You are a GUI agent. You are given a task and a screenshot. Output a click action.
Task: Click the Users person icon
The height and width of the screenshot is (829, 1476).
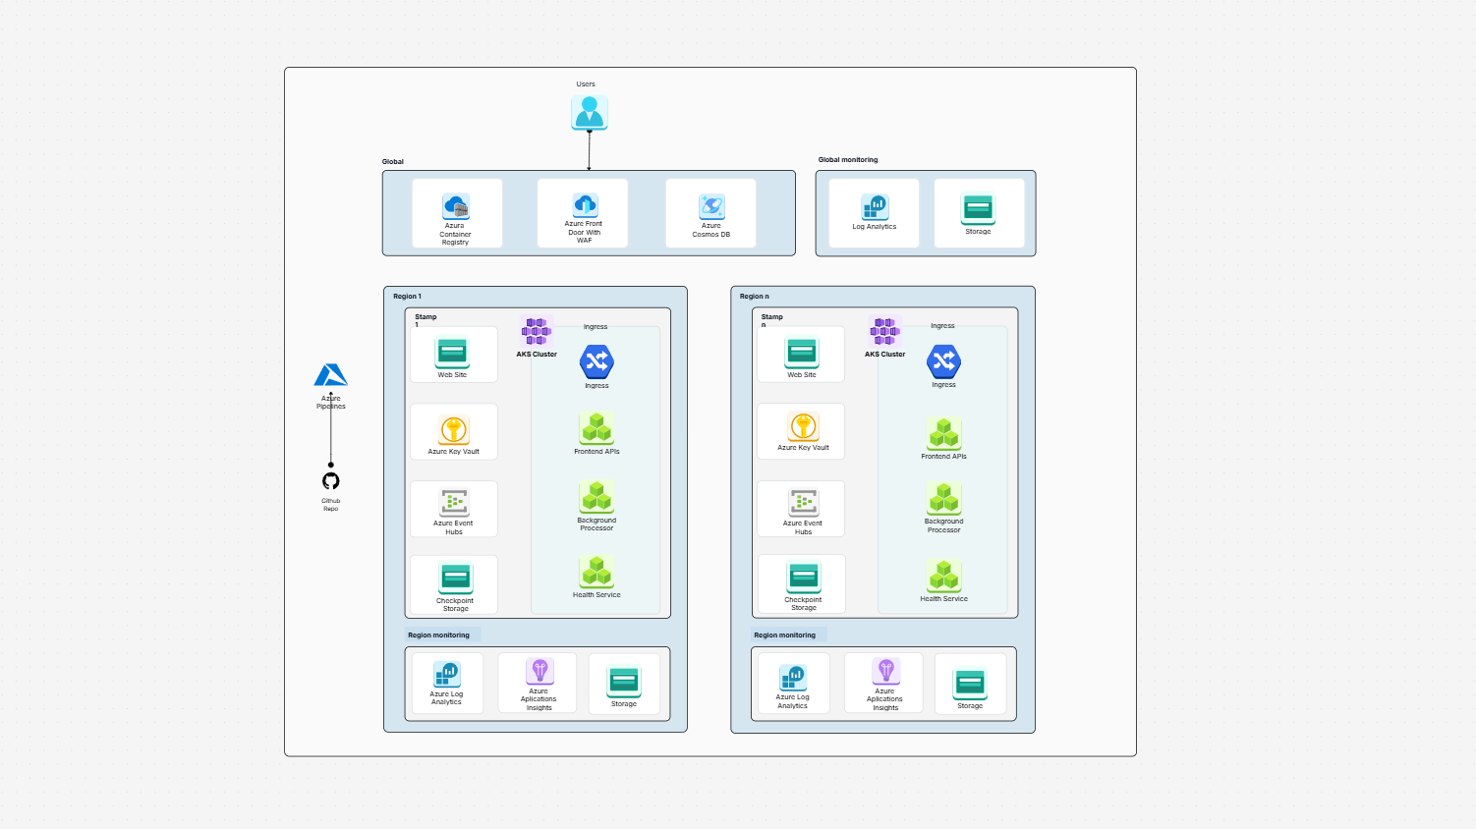[x=590, y=112]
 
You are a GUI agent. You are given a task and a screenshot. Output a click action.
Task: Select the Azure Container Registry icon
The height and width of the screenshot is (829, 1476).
[x=455, y=206]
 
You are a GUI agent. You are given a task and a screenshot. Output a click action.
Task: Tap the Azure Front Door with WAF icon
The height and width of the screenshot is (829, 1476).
[x=585, y=204]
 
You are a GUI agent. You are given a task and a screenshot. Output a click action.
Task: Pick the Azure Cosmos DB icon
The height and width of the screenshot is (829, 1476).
[x=711, y=206]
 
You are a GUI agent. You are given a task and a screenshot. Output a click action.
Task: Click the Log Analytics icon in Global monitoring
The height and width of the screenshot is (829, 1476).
[x=875, y=207]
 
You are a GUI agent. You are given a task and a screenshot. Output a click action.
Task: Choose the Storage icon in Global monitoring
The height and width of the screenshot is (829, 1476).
[x=978, y=208]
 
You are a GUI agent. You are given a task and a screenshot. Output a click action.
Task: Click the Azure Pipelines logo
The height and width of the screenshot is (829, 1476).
[x=331, y=375]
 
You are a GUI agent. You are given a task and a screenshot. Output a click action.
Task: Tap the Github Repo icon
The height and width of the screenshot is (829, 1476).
[x=331, y=481]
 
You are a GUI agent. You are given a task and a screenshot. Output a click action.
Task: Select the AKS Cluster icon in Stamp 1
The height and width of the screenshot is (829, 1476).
[x=537, y=331]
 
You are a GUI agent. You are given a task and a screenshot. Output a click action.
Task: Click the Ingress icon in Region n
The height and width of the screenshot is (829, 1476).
[x=943, y=361]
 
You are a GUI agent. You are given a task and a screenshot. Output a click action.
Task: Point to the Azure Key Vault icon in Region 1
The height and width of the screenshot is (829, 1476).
[x=453, y=429]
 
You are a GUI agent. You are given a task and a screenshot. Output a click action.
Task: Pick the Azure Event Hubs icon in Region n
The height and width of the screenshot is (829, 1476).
[x=804, y=503]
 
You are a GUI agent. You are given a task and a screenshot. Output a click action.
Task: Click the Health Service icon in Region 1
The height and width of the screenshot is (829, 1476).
[x=596, y=572]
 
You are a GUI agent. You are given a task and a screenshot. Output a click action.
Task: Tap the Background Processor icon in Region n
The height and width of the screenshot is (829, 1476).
[x=943, y=499]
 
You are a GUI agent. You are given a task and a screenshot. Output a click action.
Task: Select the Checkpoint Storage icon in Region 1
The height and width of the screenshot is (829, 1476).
[x=455, y=578]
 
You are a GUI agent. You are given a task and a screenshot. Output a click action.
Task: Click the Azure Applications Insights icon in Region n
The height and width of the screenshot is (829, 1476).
[x=885, y=671]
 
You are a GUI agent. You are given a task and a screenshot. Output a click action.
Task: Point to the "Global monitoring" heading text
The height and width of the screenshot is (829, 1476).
[x=848, y=160]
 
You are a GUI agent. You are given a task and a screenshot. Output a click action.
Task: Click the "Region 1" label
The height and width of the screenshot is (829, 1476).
[x=407, y=297]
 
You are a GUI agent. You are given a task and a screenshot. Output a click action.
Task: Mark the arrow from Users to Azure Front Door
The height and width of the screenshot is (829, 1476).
[x=589, y=150]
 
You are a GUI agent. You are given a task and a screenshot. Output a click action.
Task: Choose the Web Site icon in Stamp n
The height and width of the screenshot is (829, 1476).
[x=802, y=352]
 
